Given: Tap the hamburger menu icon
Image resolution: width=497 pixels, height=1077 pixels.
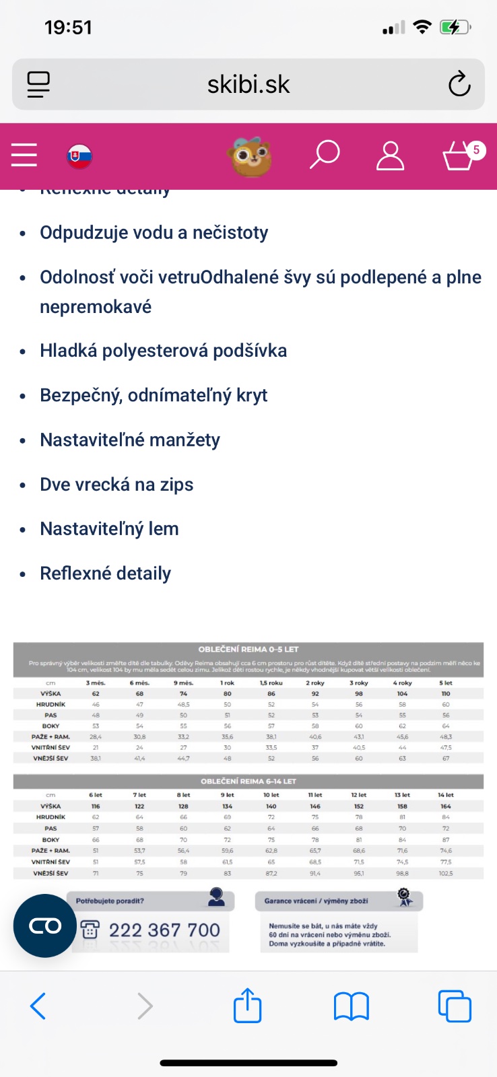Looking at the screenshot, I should pos(24,155).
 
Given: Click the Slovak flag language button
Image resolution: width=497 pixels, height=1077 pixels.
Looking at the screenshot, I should pos(79,156).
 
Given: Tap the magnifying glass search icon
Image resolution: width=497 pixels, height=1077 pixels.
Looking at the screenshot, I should pos(324,155).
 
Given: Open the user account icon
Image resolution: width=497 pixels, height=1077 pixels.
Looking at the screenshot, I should pos(390,155).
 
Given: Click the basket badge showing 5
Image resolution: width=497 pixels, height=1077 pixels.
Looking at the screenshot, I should pos(476,149).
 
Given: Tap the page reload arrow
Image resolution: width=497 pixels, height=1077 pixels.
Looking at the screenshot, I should pos(459,84).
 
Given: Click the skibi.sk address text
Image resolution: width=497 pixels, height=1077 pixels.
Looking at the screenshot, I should pos(249,85).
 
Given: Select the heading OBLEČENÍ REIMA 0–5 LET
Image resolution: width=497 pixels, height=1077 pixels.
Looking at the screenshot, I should pos(248,650).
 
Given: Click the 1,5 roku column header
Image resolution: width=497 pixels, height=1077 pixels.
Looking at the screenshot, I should pos(271,683).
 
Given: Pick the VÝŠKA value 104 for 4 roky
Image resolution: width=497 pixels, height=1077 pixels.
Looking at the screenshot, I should pos(402,693).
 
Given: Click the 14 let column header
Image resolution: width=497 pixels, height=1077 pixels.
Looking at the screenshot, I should pos(446,795).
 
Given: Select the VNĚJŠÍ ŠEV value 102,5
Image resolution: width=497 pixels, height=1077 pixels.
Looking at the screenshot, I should pos(446,873).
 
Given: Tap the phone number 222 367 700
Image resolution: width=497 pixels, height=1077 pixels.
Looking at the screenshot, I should pos(164,930).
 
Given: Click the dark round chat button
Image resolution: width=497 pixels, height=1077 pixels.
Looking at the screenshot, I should pos(45,926).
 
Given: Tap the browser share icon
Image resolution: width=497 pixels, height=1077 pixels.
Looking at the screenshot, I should pos(247,1006).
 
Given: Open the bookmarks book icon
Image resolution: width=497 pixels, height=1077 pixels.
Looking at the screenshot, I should pos(351,1006).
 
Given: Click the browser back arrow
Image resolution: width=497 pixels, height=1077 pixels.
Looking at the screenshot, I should pos(38,1006).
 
